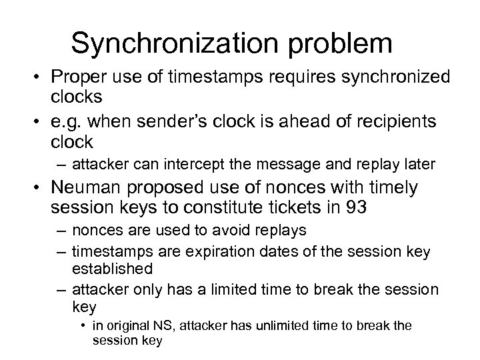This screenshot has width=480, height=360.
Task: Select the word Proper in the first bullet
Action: tap(79, 81)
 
